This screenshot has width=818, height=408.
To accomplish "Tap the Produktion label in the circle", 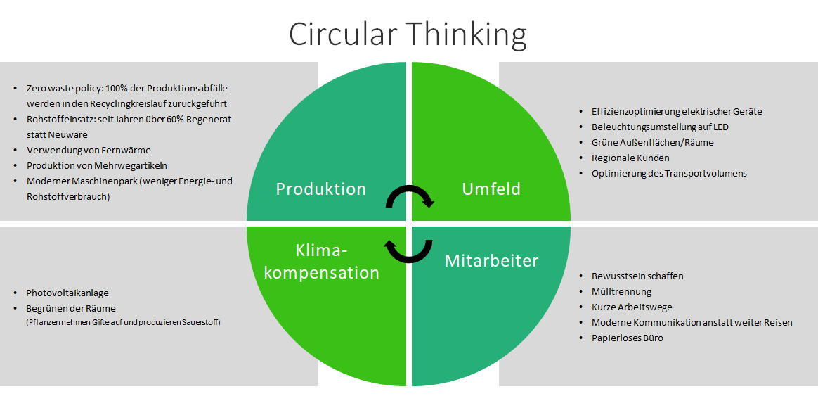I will pos(320,189).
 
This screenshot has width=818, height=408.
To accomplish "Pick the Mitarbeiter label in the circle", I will pos(491,261).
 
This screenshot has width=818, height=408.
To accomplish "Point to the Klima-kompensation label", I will pos(322,262).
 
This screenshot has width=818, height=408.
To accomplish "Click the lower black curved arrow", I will pos(408,249).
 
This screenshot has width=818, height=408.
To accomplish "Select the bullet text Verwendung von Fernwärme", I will pos(89,150).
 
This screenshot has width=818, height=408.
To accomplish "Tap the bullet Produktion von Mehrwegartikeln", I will pos(96,165).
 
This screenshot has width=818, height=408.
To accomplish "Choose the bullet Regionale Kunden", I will pos(630,158).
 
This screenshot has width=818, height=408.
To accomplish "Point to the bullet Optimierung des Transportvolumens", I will pos(669,173).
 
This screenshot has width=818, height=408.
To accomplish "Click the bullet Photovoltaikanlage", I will pos(67,293).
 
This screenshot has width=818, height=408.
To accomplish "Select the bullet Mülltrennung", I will pos(621,291).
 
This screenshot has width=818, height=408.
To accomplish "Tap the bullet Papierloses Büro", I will pos(627,338).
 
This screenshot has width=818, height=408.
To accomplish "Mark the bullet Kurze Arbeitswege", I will pos(632,307).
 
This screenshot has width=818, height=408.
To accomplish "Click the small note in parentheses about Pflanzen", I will pos(124,322).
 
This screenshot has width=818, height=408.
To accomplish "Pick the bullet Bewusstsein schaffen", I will pos(637,276).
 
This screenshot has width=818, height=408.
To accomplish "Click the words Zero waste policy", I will pos(65,89).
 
